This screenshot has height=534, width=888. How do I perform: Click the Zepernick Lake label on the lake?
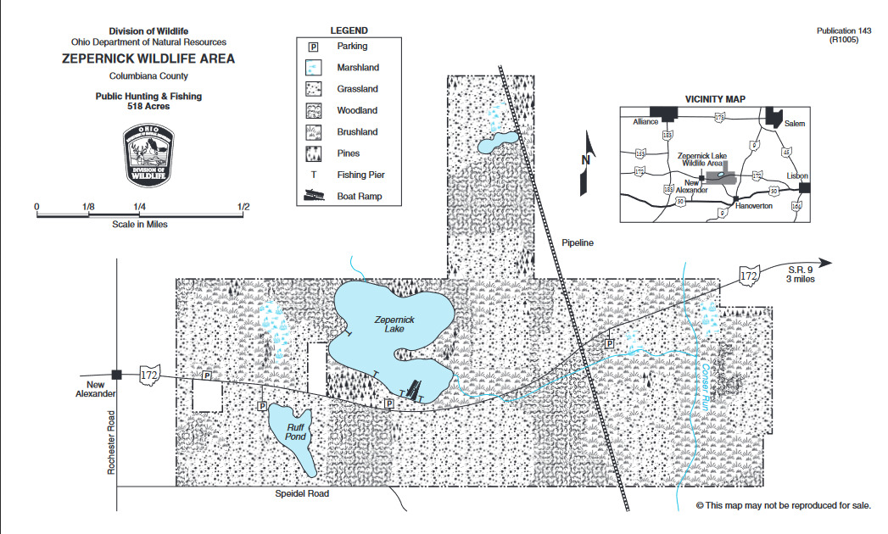click(395, 324)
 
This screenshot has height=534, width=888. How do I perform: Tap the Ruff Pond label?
click(294, 431)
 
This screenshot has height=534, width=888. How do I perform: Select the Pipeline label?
click(578, 243)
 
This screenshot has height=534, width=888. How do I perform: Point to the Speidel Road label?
click(301, 493)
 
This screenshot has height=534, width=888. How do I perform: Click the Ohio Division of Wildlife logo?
click(148, 153)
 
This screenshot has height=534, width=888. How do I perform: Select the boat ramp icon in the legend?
click(314, 196)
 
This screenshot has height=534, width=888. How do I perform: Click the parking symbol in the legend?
click(313, 47)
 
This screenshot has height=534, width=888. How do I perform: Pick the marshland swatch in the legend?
click(313, 69)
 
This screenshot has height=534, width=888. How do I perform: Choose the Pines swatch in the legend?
click(313, 154)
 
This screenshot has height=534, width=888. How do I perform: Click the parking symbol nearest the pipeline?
click(609, 344)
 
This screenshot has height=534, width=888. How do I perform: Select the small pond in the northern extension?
click(497, 143)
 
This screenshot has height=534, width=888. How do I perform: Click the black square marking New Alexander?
click(117, 374)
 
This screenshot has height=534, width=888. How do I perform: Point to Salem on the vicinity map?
click(794, 124)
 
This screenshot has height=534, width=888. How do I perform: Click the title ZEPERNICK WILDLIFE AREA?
click(148, 59)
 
